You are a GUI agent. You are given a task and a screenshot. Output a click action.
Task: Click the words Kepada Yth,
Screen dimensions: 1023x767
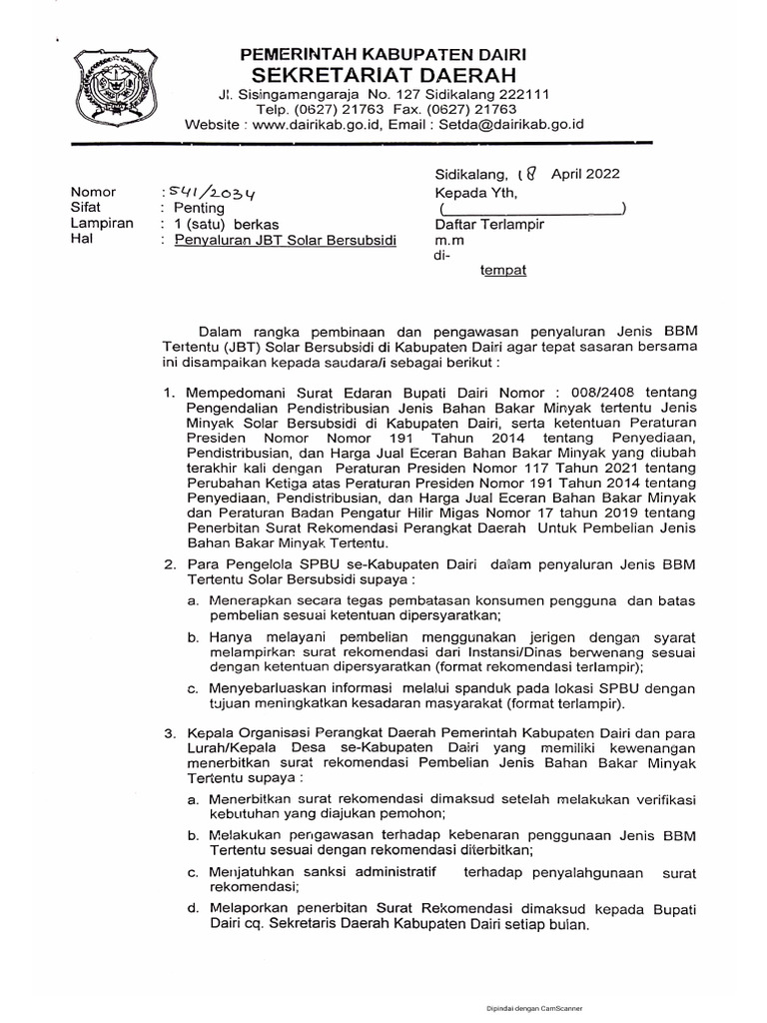click(x=474, y=191)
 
